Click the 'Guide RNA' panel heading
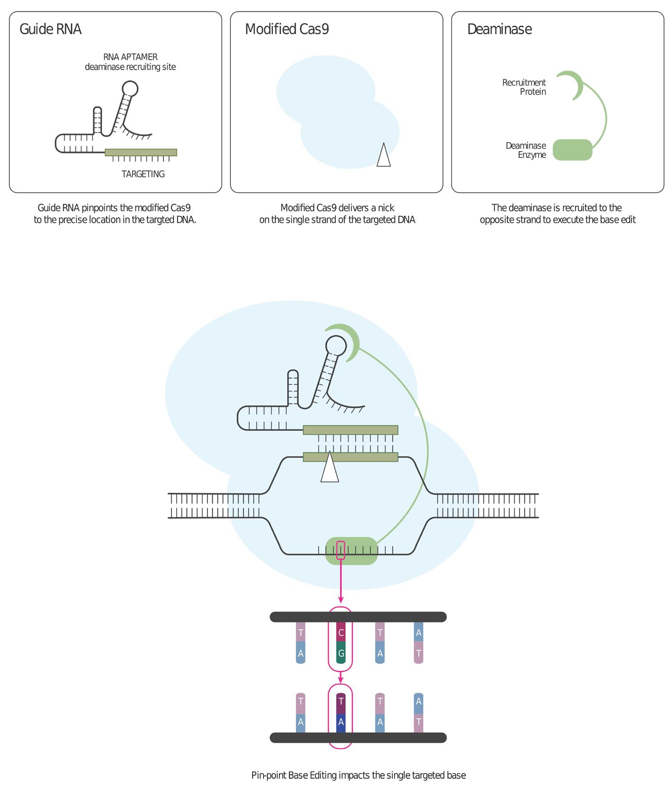point(50,29)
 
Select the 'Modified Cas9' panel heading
point(287,29)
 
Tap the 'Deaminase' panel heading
point(499,29)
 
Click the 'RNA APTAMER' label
point(130,57)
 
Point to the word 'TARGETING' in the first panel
point(143,174)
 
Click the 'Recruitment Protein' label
point(524,87)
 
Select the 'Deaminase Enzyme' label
point(526,150)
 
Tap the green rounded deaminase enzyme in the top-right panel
point(572,150)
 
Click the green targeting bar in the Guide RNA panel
point(141,153)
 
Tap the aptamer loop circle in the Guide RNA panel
point(130,88)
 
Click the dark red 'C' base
point(340,633)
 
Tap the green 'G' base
point(340,653)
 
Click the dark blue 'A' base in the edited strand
point(340,722)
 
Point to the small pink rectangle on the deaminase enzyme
point(340,550)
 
